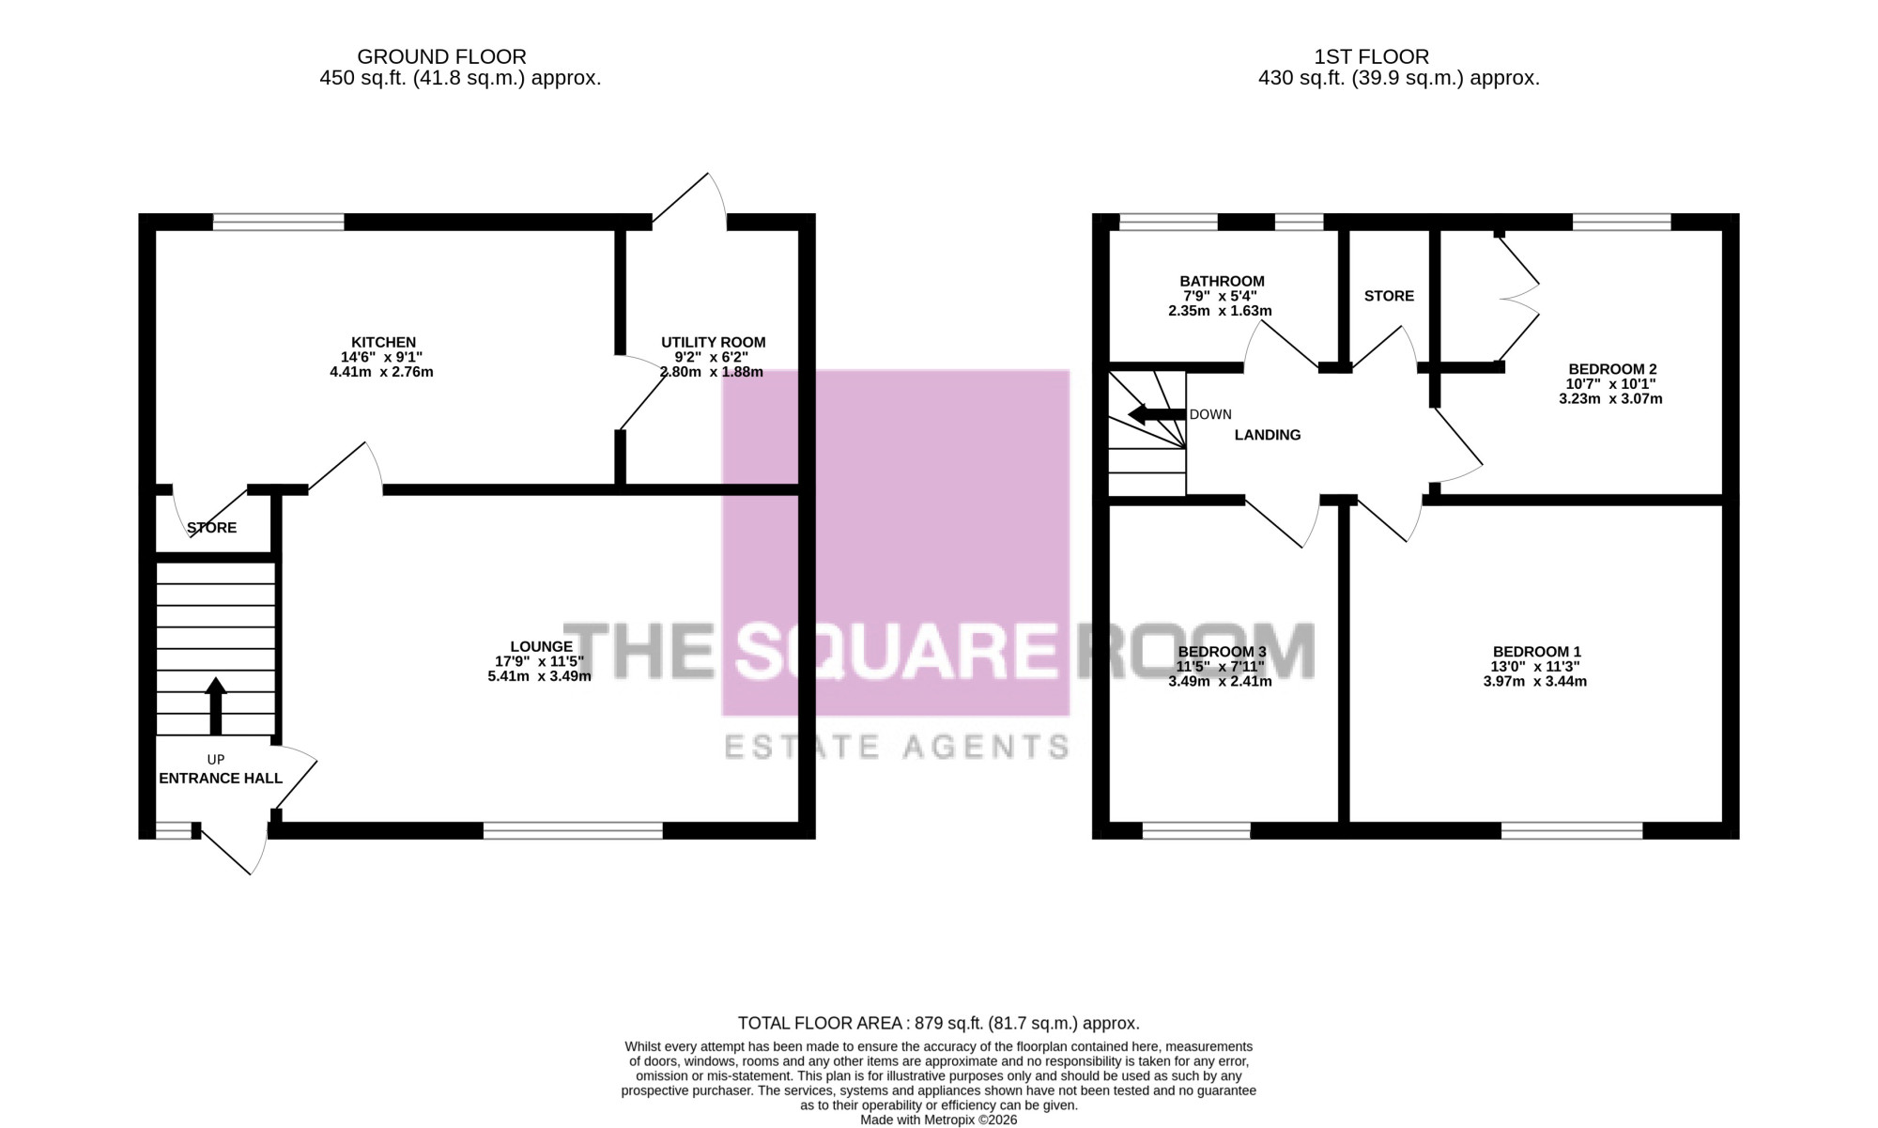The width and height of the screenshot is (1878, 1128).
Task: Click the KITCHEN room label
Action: tap(383, 343)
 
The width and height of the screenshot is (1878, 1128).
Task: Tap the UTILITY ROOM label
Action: tap(714, 343)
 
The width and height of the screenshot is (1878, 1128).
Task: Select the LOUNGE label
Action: tap(541, 646)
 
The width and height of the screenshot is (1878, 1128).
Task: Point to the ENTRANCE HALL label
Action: tap(221, 779)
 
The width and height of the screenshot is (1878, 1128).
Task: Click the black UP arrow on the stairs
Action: tap(216, 706)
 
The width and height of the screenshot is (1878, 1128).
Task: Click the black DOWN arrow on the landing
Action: tap(1157, 414)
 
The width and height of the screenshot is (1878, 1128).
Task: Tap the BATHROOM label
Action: tap(1222, 282)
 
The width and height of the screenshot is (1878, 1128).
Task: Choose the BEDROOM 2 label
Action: tap(1612, 369)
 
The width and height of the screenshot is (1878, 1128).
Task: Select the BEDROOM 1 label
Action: tap(1537, 652)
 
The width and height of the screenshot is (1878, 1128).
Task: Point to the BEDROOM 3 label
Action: tap(1222, 652)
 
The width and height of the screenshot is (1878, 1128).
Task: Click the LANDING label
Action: tap(1268, 435)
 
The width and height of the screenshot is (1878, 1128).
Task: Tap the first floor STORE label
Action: tap(1389, 296)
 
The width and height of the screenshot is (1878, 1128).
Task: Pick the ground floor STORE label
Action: tap(212, 528)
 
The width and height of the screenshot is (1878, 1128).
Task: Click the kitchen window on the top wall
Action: tap(278, 223)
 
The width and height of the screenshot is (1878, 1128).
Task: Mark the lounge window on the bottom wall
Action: tap(573, 830)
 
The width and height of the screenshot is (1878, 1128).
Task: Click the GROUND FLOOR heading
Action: tap(441, 57)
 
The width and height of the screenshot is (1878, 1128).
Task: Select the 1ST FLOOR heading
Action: tap(1372, 57)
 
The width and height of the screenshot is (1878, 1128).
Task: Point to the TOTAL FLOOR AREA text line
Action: tap(939, 1024)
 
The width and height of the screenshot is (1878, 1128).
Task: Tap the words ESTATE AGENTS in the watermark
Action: tap(897, 747)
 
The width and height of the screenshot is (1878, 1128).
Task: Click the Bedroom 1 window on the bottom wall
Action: tap(1572, 830)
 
